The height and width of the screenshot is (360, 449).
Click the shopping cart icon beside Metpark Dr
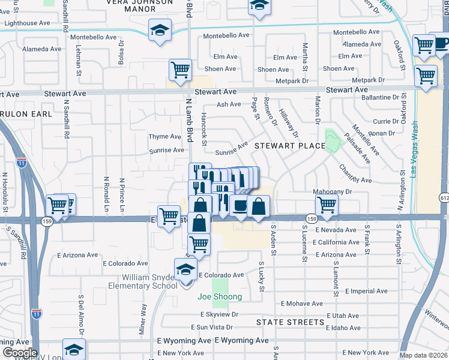coord(426,77)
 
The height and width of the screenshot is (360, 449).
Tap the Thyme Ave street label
coord(165,137)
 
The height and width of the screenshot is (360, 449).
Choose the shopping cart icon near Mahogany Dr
coord(327,204)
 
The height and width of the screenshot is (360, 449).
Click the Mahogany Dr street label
coord(331,192)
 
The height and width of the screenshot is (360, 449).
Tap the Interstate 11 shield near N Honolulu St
coord(22,163)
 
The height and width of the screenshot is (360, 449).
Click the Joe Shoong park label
coord(220,296)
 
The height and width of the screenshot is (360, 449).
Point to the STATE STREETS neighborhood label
coord(291,322)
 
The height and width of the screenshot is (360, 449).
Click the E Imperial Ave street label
coord(368,291)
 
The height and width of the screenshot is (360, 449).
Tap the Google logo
coord(20,353)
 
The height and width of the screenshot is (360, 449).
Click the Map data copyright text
coord(423,355)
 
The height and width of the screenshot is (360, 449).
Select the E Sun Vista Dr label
coord(212,327)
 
